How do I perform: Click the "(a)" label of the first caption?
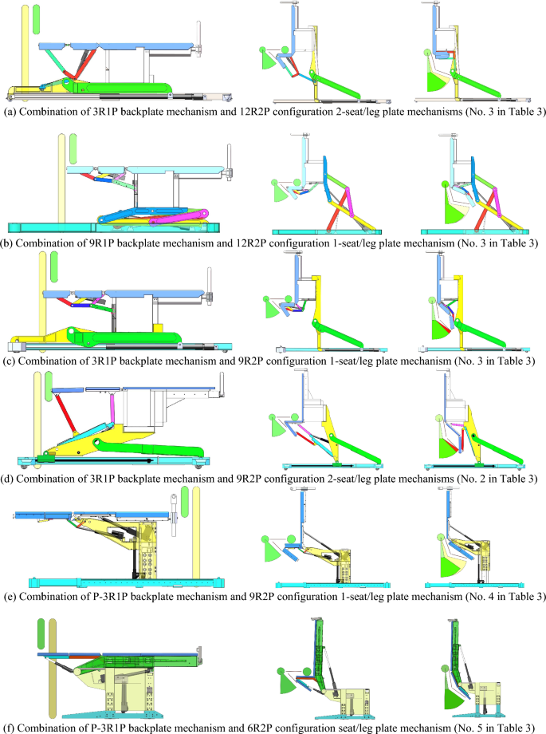[11, 112]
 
